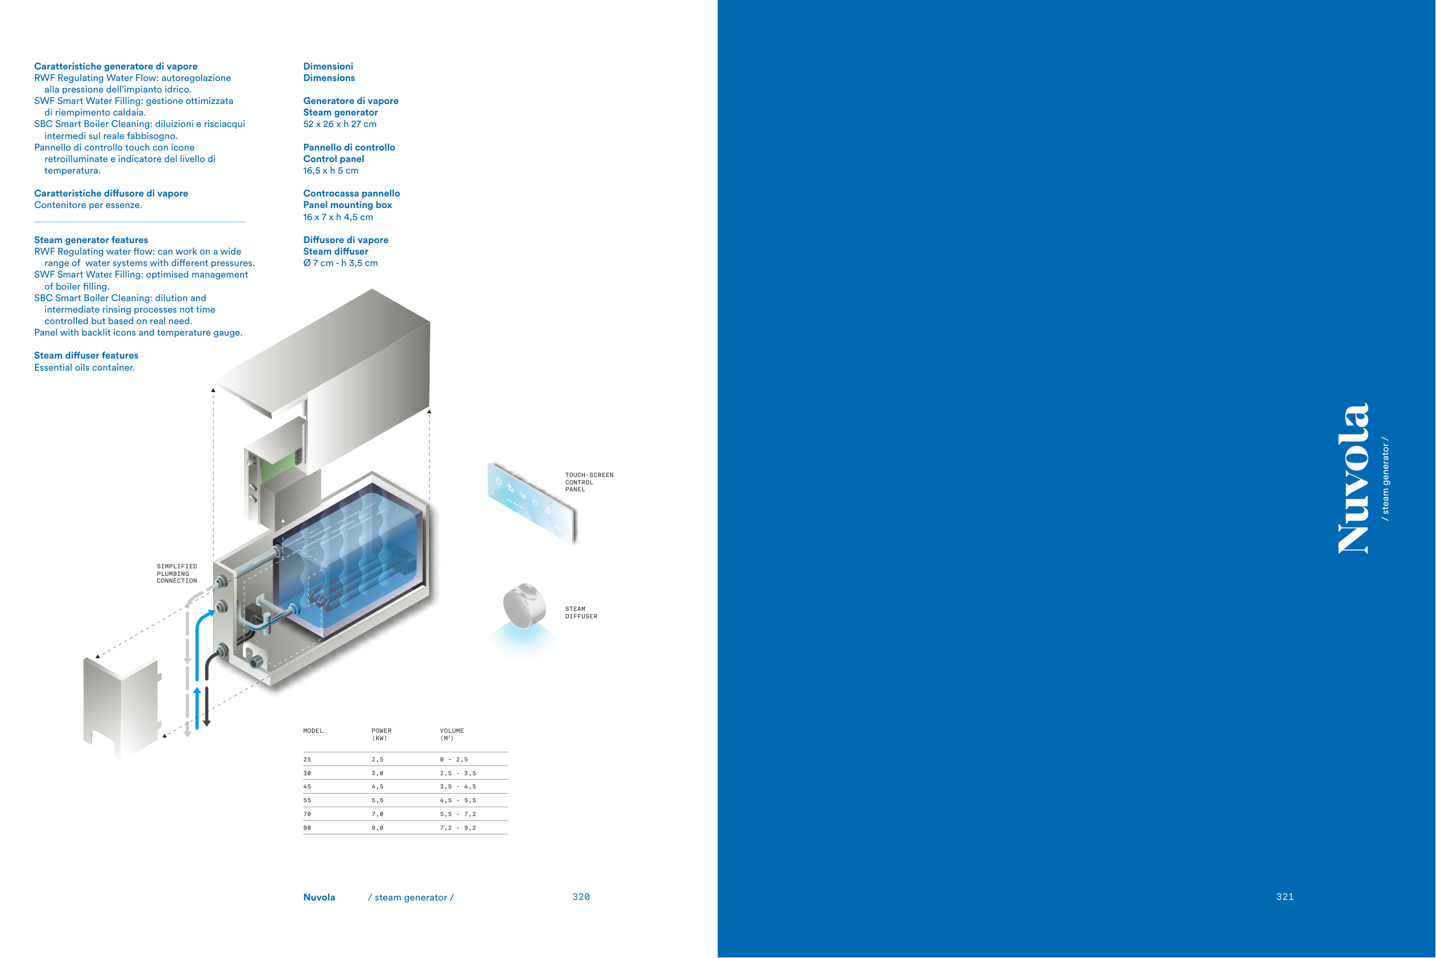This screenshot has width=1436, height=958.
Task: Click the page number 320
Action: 581,897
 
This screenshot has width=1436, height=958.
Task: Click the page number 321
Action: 1284,897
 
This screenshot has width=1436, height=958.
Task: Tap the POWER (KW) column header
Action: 381,734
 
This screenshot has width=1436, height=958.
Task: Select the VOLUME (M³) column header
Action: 452,734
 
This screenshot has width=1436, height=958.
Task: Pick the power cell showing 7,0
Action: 377,814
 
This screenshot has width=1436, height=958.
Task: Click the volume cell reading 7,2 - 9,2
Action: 458,828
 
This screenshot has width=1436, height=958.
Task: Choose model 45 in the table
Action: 307,787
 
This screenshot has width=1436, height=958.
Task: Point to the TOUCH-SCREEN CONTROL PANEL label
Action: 589,482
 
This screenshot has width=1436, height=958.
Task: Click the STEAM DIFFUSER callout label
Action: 581,613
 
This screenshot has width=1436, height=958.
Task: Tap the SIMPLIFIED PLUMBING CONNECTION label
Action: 177,574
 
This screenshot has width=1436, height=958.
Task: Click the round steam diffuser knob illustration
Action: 524,606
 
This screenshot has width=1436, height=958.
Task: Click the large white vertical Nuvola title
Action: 1353,478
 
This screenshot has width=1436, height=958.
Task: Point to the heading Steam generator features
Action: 91,240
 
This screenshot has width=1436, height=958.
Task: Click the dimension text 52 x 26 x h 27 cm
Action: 340,124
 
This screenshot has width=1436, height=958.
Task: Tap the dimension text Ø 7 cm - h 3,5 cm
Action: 341,263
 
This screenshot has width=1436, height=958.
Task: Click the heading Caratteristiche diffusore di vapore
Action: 111,194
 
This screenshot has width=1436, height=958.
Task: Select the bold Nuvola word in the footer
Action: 319,898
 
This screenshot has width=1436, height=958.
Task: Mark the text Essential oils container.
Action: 84,368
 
